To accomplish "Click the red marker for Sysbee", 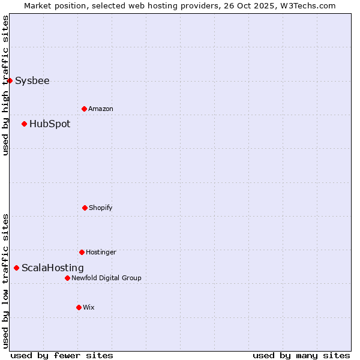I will pos(10,80).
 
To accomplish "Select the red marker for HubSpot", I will pos(25,124).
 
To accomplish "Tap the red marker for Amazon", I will pos(84,109).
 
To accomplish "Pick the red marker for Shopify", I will pos(85,208).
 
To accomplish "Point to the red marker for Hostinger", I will pos(82,252).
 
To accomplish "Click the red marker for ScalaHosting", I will pos(16,268).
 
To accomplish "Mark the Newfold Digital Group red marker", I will pos(67,278).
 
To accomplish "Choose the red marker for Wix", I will pos(79,307).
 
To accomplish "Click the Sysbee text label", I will pos(32,81).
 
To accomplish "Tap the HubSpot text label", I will pos(50,124).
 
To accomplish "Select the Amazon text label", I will pos(101,109).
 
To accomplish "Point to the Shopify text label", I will pos(101,208).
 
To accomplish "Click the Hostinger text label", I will pos(101,253).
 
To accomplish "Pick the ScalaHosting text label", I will pos(53,268).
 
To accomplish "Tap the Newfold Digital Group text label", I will pos(107,278).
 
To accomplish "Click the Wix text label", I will pos(89,308).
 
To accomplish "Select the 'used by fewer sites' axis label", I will pos(62,355).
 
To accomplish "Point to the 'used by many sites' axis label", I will pos(301,355).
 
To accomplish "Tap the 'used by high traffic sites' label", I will pos(5,85).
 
